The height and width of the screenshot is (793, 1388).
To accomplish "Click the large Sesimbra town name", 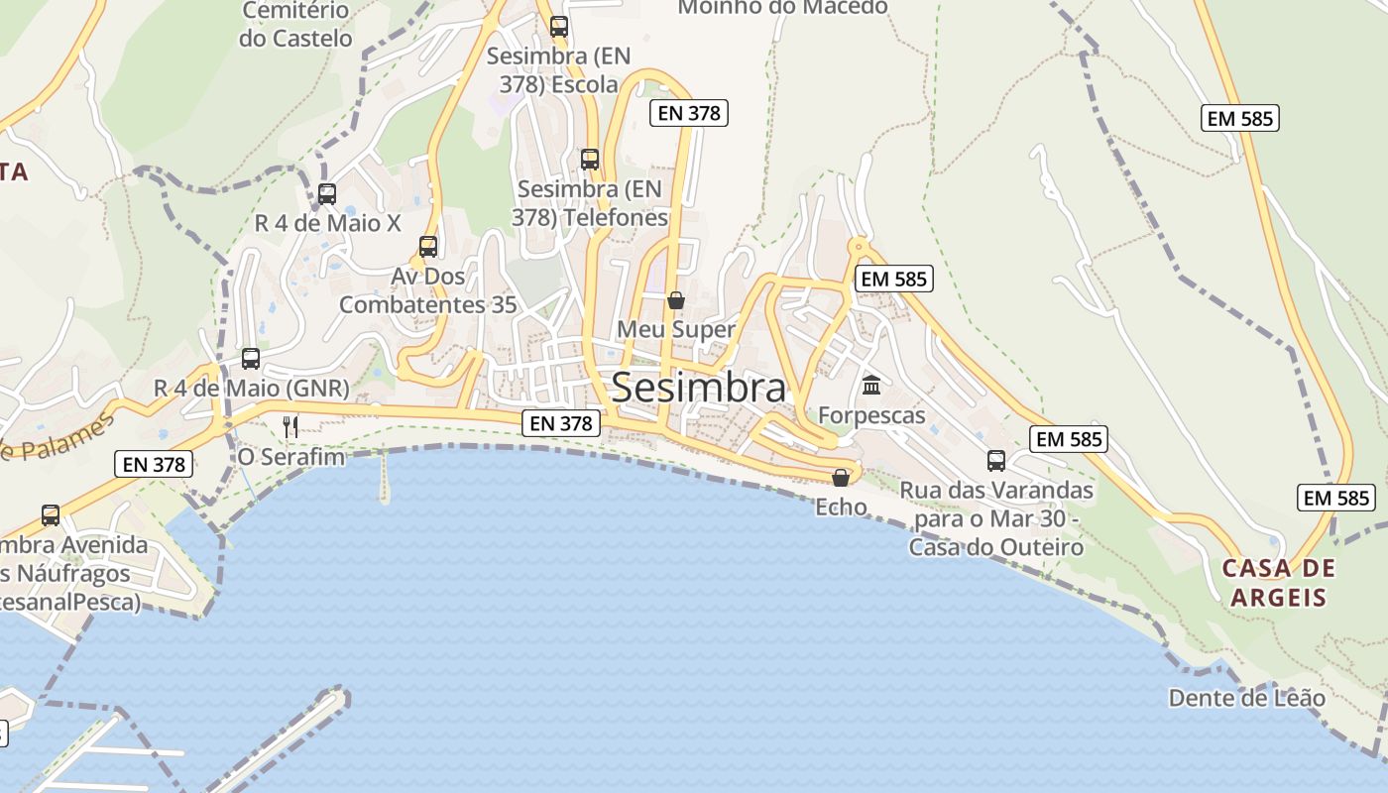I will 699,388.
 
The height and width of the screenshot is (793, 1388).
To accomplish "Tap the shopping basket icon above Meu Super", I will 676,299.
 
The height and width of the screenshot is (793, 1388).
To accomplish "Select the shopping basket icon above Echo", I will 841,478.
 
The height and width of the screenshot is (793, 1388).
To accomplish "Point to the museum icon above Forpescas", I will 871,385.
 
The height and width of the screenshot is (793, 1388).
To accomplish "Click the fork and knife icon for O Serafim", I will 290,426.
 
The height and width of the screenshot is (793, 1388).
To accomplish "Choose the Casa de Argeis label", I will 1279,583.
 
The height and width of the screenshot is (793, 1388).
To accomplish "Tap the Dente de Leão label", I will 1246,698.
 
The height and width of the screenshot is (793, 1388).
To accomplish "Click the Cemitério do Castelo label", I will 295,25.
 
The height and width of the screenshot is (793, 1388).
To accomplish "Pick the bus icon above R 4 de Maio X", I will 327,193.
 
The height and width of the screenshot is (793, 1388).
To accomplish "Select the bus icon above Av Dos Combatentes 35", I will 428,246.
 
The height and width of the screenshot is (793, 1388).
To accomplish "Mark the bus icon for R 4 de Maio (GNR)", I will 251,358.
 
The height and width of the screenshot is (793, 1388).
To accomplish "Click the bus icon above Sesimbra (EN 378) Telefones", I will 590,159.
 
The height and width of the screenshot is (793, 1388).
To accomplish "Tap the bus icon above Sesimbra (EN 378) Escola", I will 559,26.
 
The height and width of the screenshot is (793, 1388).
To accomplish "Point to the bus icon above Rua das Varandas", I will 996,460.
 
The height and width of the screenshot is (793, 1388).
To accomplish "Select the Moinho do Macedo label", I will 782,7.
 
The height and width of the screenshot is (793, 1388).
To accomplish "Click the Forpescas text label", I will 871,415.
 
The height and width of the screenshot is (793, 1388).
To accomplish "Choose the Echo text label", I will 841,508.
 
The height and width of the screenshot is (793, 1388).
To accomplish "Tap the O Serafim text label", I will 291,457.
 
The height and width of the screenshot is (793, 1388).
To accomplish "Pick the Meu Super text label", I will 676,329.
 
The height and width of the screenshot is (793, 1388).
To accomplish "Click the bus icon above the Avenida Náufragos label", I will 51,514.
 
